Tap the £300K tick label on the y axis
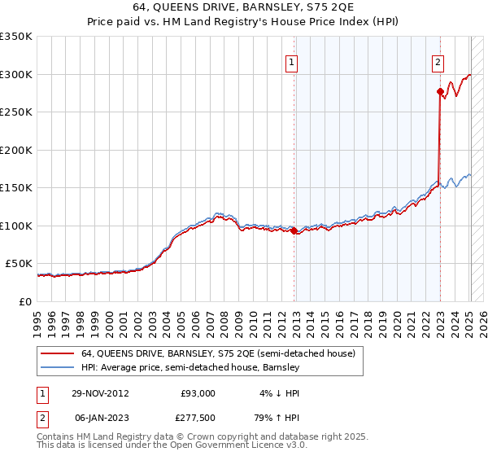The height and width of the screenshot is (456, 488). click(x=15, y=74)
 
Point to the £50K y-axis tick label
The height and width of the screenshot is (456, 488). click(x=18, y=264)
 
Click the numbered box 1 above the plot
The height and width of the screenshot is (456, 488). click(x=291, y=59)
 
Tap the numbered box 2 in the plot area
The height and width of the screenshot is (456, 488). click(x=438, y=59)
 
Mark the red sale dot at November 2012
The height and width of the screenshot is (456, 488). click(x=294, y=231)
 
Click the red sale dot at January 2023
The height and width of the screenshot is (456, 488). click(x=440, y=91)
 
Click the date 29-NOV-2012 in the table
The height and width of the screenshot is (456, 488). click(x=101, y=393)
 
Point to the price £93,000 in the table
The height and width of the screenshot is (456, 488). click(x=198, y=393)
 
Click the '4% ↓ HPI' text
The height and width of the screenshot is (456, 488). click(x=277, y=393)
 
